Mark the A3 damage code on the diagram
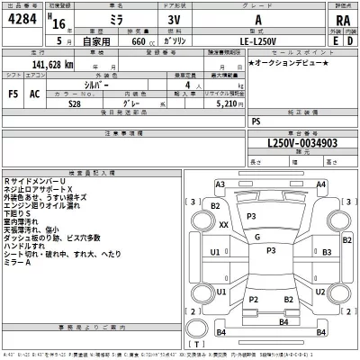[220, 184]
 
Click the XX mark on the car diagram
[223, 224]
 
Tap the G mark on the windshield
[257, 237]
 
